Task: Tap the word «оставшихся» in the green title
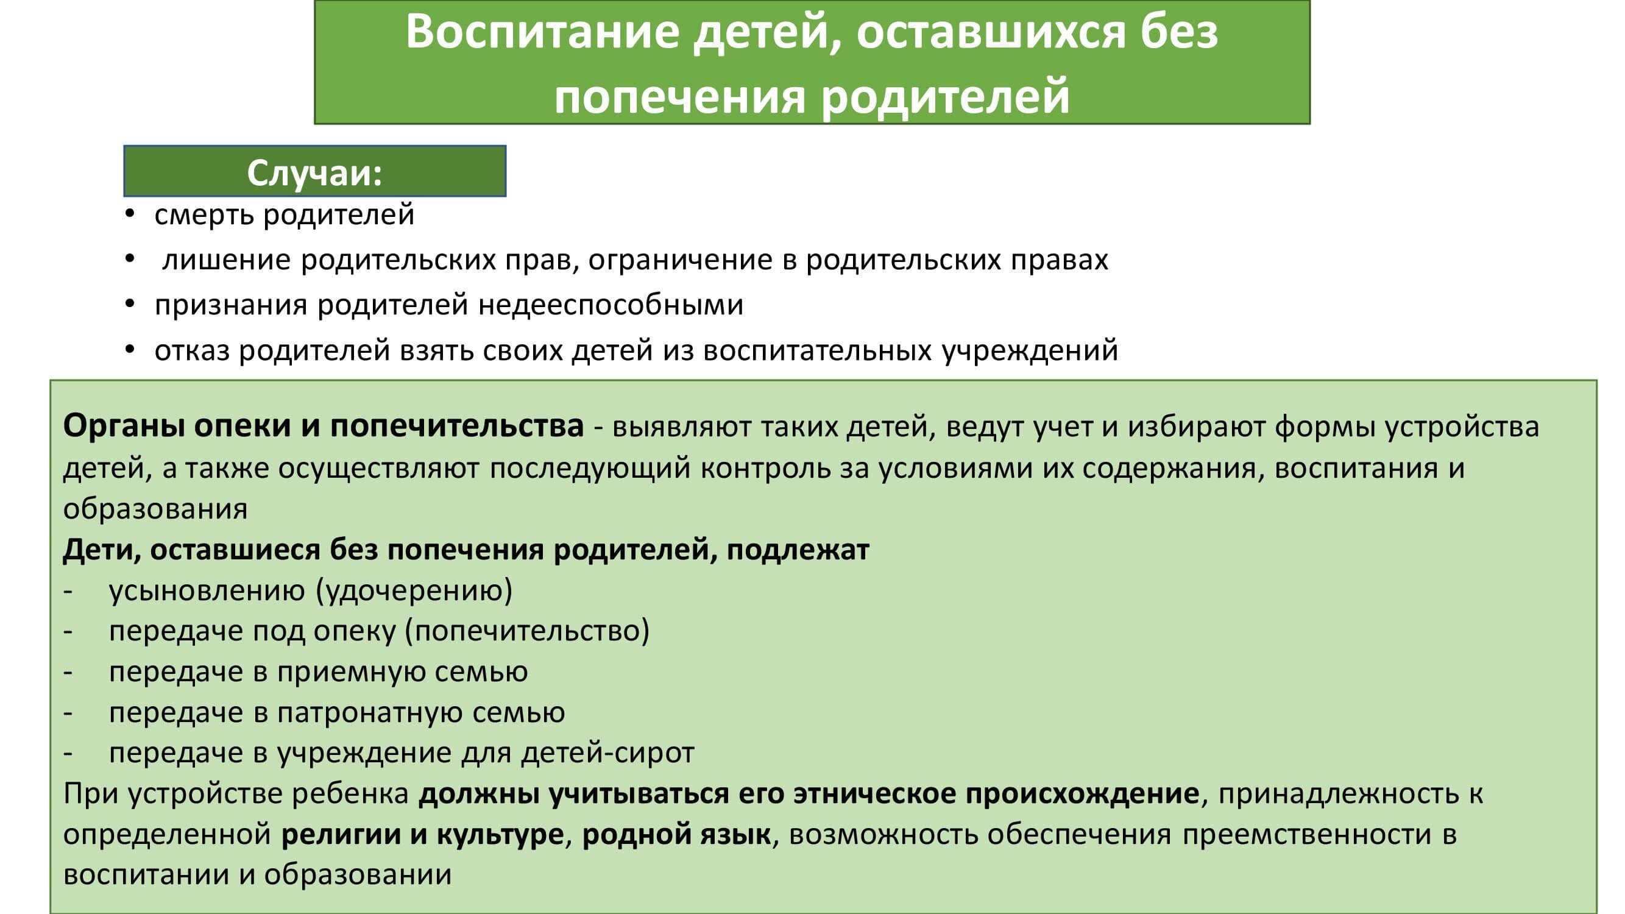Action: coord(990,32)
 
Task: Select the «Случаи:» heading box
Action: coord(315,171)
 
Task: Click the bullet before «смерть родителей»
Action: coord(130,214)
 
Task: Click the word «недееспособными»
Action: coord(611,305)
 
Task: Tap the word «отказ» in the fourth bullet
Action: coord(192,351)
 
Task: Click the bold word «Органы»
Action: coord(124,427)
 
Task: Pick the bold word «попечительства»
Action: coord(457,427)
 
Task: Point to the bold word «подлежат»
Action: coord(798,550)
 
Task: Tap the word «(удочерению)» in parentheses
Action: coord(414,591)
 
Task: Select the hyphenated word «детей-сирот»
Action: coord(607,753)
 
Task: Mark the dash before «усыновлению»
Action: coord(68,592)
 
